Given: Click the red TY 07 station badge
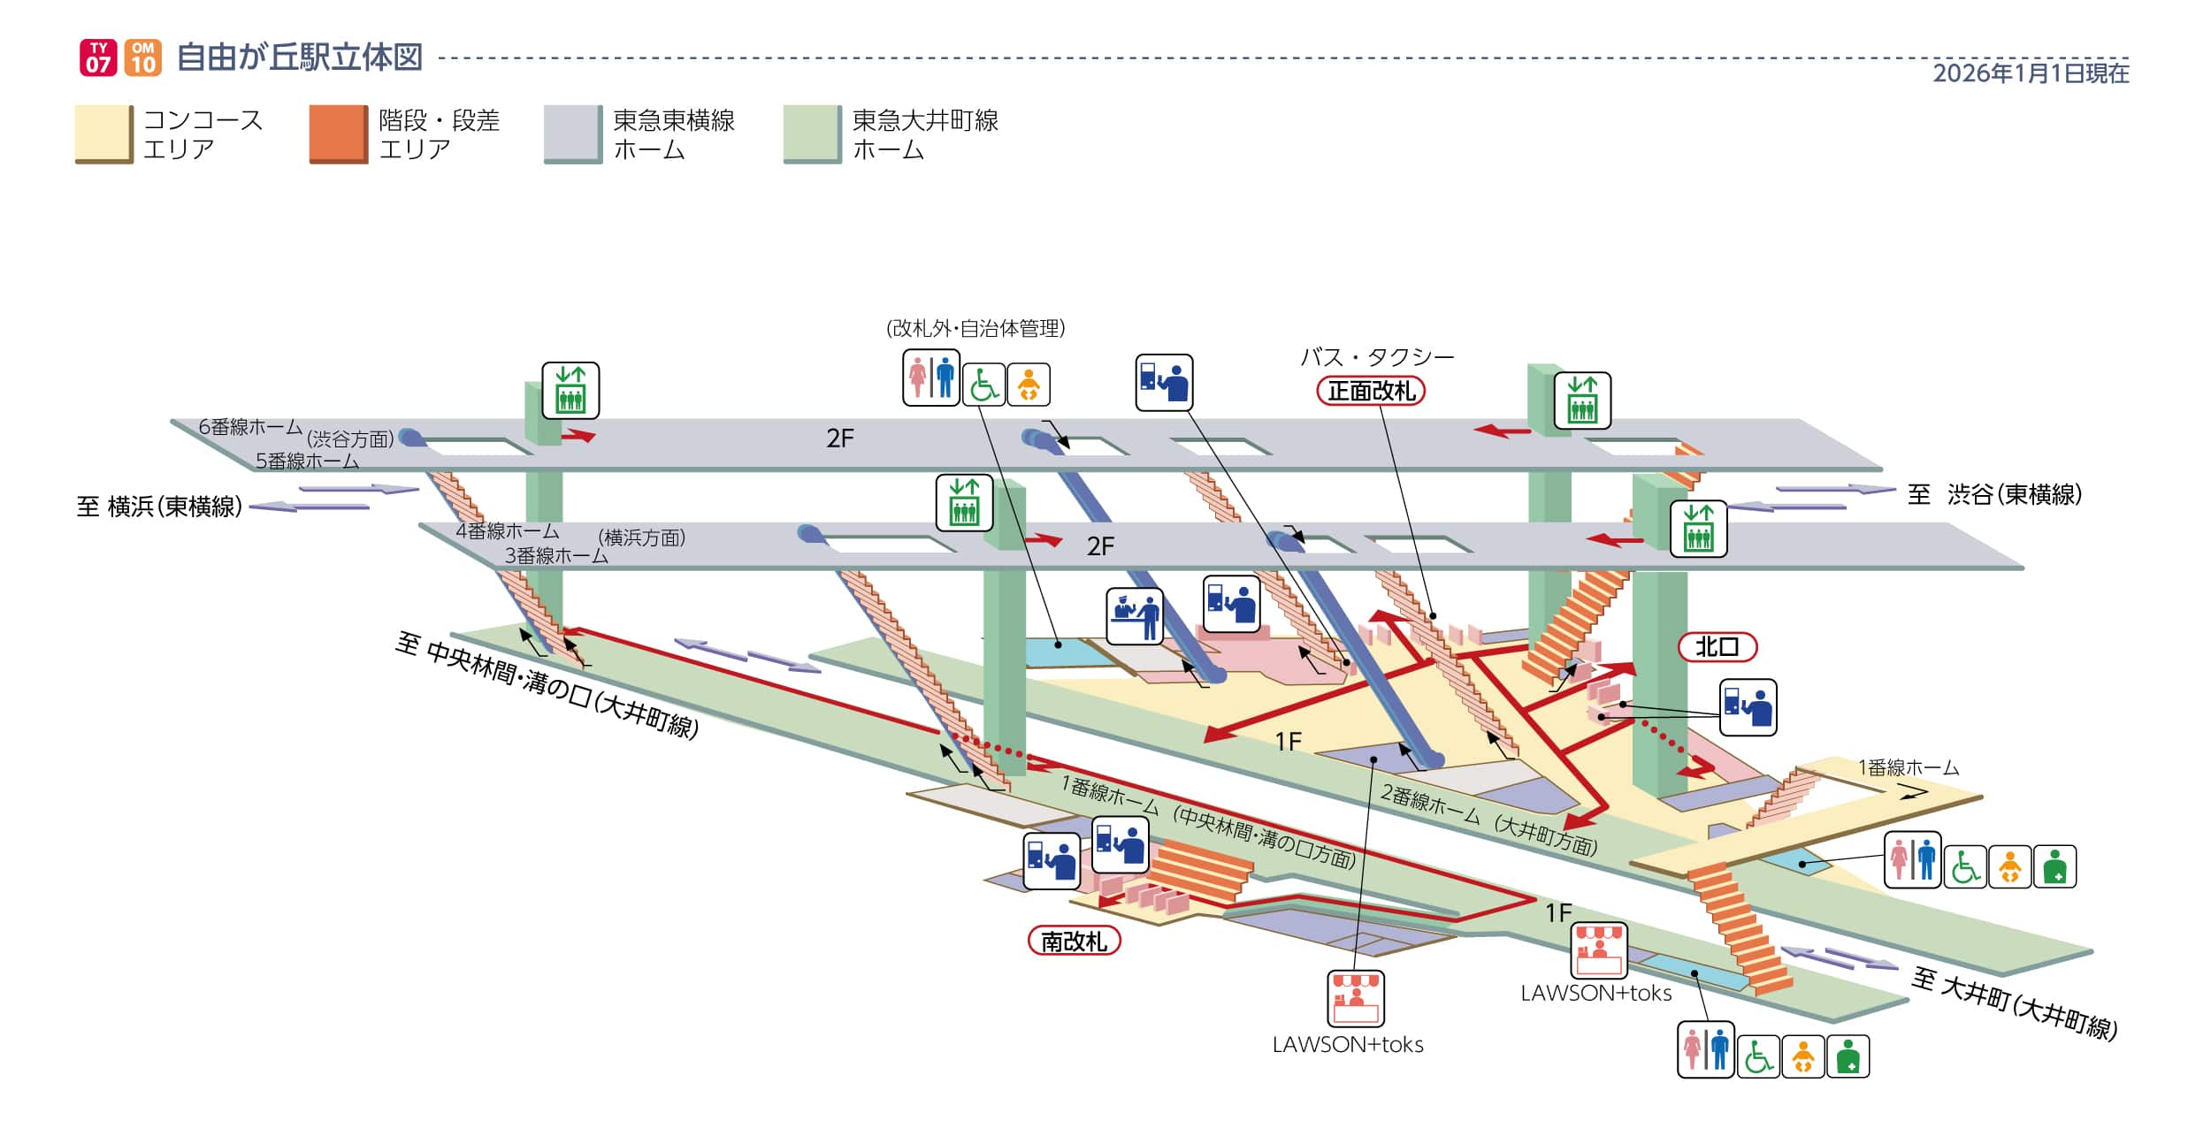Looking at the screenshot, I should pyautogui.click(x=98, y=57).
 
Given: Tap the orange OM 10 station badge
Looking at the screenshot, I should pyautogui.click(x=142, y=57).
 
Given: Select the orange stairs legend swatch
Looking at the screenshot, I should pyautogui.click(x=338, y=133).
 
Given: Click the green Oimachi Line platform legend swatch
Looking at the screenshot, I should pyautogui.click(x=812, y=133).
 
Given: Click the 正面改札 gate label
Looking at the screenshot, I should pyautogui.click(x=1371, y=391).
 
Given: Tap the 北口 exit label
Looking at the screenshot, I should pyautogui.click(x=1717, y=647).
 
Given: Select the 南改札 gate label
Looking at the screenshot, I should pyautogui.click(x=1074, y=942).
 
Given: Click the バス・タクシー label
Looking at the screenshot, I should pyautogui.click(x=1377, y=357).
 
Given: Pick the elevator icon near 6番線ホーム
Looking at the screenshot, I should pyautogui.click(x=570, y=390).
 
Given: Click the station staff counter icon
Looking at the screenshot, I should pyautogui.click(x=1134, y=615).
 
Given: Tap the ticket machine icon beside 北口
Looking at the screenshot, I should pyautogui.click(x=1748, y=707).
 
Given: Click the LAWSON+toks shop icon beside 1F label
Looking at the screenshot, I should pyautogui.click(x=1599, y=950).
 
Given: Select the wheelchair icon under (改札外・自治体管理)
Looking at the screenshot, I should pyautogui.click(x=983, y=385).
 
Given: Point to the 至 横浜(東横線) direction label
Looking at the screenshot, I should pyautogui.click(x=159, y=507).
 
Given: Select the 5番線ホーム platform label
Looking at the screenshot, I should pyautogui.click(x=307, y=461).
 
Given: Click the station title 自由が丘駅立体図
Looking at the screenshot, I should pyautogui.click(x=300, y=57).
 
